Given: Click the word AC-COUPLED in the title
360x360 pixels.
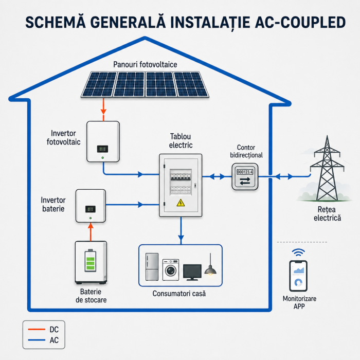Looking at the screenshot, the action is [300, 23].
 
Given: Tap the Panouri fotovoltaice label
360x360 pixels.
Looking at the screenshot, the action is [145, 64].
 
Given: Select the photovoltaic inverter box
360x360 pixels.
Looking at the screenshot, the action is [103, 141].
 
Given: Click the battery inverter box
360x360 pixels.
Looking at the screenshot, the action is [91, 206].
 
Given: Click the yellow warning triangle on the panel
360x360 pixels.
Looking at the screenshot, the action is [181, 203].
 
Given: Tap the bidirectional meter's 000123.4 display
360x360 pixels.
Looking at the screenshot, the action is [245, 172].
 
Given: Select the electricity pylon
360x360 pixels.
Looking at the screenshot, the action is [327, 168].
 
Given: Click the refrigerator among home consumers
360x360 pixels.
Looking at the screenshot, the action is [152, 267].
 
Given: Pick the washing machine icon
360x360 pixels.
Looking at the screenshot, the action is [171, 270].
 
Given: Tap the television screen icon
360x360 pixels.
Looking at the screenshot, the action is [192, 272].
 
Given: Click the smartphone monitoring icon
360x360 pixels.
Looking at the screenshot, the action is [298, 276].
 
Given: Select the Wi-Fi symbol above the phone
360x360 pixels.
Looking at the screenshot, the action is [298, 253].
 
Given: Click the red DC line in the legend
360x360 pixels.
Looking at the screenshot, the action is [37, 329].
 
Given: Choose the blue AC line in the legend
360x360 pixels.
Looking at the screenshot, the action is [37, 340].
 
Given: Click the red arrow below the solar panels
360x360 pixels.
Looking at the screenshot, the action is [103, 110].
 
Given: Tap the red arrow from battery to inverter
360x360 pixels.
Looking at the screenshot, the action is [91, 231].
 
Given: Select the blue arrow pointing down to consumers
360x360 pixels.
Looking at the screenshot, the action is [181, 230].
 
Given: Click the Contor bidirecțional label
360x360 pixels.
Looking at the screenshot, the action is [246, 151].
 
